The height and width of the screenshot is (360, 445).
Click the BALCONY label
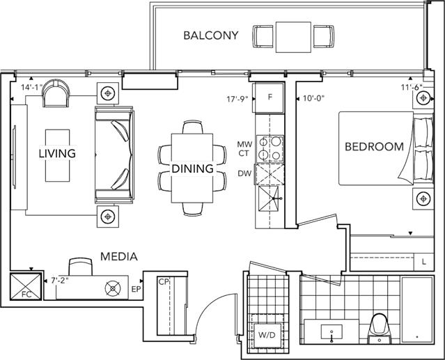[210, 36]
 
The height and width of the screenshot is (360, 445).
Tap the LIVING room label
[57, 153]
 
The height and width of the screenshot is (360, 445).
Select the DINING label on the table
[192, 169]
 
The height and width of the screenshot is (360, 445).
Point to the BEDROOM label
[374, 147]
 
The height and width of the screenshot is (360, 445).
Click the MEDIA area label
[119, 257]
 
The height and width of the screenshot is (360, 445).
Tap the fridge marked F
[270, 98]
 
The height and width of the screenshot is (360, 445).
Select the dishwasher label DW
[244, 173]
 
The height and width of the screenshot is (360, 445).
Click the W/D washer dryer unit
[267, 335]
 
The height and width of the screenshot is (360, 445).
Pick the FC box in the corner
[26, 286]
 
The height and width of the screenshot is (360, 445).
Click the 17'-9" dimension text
[237, 99]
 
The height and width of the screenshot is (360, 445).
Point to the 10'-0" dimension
[313, 98]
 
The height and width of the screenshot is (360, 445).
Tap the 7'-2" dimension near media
[60, 281]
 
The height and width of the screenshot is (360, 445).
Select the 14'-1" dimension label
[31, 87]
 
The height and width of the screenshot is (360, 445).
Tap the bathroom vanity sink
[331, 332]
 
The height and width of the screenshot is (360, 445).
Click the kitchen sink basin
[269, 198]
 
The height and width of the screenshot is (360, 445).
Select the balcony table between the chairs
[293, 37]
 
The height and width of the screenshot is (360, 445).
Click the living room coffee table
[57, 155]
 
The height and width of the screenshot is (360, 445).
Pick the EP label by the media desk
[136, 290]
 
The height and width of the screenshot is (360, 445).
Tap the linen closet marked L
[423, 262]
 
